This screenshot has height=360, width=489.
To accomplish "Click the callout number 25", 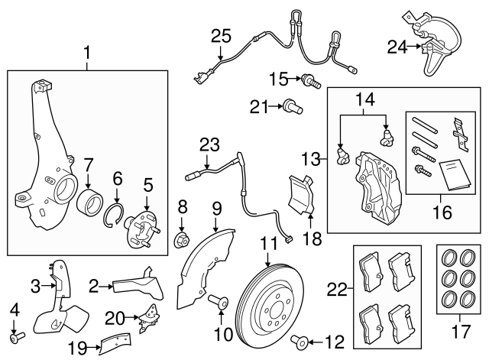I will click(x=220, y=35).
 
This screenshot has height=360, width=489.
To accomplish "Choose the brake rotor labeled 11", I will click(x=268, y=306).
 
